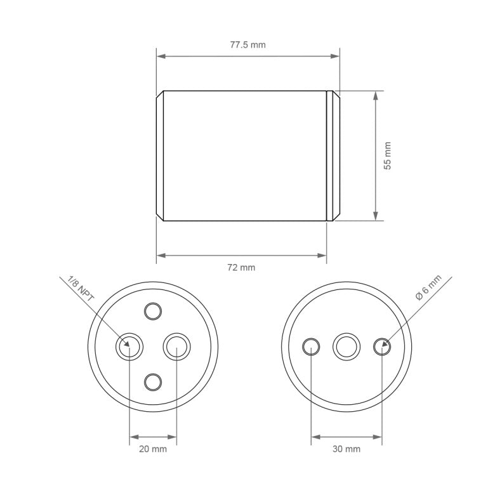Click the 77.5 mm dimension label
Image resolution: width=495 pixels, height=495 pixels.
(247, 45)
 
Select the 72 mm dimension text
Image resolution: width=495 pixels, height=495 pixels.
(241, 267)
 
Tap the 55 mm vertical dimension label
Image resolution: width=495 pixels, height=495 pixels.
(388, 155)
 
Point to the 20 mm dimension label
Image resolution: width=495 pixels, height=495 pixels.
(153, 449)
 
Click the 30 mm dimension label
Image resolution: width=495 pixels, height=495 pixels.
(346, 449)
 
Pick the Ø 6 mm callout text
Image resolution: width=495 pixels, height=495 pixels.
(428, 287)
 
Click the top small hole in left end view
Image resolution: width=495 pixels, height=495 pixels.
(153, 311)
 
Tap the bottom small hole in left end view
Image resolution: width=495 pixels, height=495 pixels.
(153, 381)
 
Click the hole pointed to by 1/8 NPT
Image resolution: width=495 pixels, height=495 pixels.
(129, 346)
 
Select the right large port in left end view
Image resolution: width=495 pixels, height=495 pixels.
(176, 346)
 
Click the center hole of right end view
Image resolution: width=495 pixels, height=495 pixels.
(346, 346)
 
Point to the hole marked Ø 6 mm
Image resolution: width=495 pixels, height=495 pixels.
(382, 346)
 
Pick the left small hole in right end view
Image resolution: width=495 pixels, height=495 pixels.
(311, 346)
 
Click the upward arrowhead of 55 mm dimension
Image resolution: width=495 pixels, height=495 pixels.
(376, 95)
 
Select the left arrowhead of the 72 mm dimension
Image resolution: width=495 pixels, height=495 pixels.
(161, 255)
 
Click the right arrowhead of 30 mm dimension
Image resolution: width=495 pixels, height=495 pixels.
(378, 437)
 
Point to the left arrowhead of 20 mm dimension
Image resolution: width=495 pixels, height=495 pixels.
(133, 437)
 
